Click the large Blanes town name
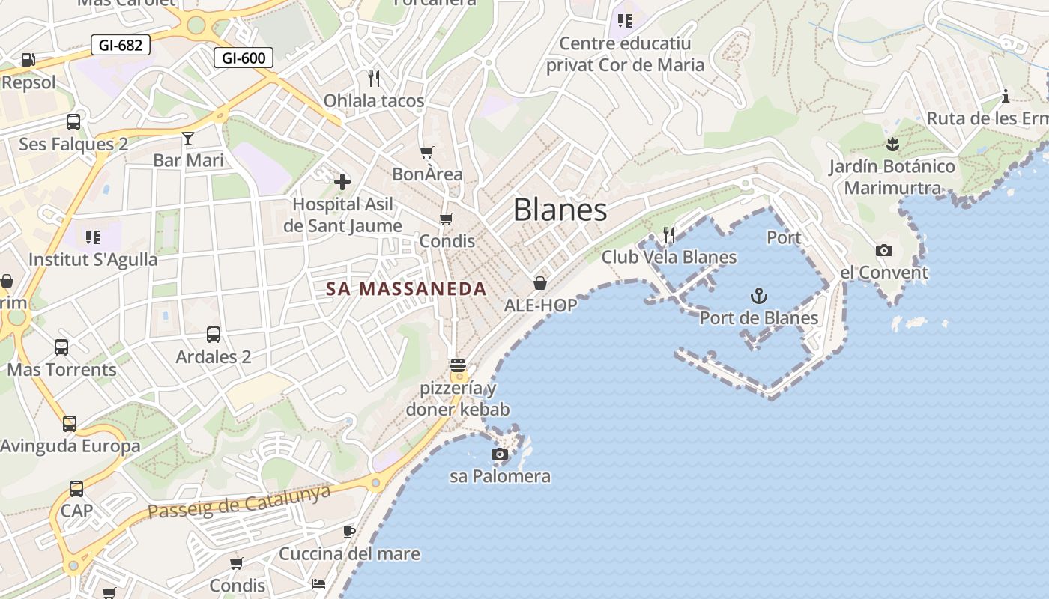560,210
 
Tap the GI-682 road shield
120,45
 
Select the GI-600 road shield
244,58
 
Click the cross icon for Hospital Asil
342,181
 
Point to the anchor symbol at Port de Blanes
759,296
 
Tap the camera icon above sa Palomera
499,454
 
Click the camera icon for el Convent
884,250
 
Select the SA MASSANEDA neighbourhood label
406,289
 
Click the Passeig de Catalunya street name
240,501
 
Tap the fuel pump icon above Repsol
28,59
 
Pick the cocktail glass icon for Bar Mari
188,138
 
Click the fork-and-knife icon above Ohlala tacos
374,77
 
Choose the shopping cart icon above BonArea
427,153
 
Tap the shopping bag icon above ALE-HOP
540,283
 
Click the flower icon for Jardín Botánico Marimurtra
892,143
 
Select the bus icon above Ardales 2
214,334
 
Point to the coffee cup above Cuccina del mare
349,532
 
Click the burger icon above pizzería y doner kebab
458,367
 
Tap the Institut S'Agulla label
93,260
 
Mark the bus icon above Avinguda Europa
70,423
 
